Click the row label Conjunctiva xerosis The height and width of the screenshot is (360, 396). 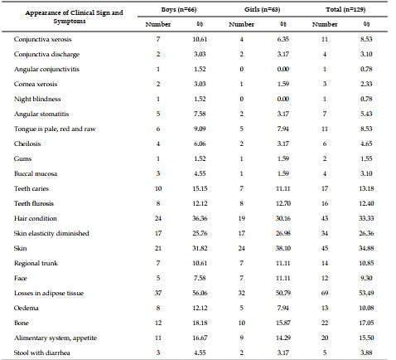(42, 39)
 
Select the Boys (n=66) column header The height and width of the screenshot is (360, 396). (179, 10)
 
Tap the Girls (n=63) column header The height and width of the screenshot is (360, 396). (262, 10)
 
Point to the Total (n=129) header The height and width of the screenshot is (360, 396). (345, 10)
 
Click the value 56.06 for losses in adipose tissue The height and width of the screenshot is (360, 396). (200, 293)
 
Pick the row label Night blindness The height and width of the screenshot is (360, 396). (37, 99)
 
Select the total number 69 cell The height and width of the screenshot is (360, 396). (325, 293)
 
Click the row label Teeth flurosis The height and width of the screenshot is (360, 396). (34, 203)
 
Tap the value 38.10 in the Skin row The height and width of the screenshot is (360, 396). (283, 248)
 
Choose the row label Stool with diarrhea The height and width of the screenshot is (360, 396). (42, 353)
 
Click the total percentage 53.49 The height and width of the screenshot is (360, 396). (366, 293)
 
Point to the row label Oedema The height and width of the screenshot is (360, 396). (27, 308)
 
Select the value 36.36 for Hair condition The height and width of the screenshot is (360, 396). (200, 218)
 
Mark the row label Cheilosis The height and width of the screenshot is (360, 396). (27, 144)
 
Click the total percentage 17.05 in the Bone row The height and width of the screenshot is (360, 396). (366, 323)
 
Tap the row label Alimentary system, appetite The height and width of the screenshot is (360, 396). (56, 338)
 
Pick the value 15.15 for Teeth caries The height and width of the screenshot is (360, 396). (200, 188)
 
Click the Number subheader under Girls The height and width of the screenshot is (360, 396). (241, 24)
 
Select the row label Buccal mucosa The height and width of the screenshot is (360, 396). (36, 173)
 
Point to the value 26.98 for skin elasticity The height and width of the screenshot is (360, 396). (283, 233)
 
